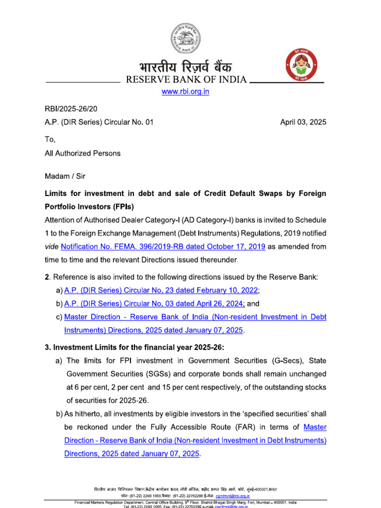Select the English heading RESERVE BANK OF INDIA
pos(186,80)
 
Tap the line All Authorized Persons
pos(83,153)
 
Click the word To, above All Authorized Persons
pos(51,139)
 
